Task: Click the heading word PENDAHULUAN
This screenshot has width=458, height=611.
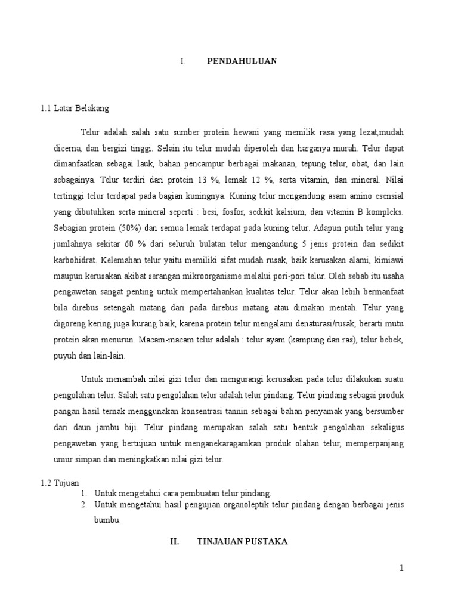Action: coord(242,61)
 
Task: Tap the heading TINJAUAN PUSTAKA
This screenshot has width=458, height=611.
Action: coord(242,541)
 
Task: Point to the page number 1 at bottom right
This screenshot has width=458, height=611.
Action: coord(402,569)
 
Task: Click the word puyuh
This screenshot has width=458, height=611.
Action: coord(63,357)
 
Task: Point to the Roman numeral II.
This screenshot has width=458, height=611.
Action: coord(175,541)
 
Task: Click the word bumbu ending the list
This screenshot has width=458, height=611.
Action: coord(107,520)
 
